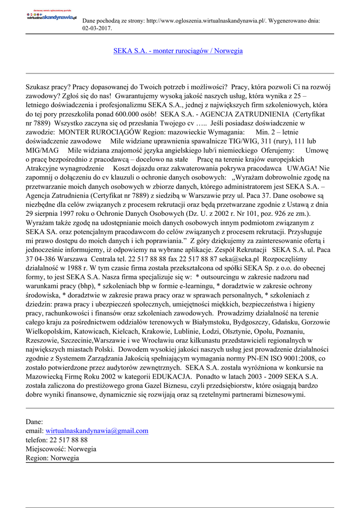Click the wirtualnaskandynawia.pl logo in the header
(x=52, y=16)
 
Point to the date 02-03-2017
(x=96, y=28)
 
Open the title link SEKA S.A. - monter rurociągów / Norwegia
(x=178, y=51)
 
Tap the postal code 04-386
(x=48, y=259)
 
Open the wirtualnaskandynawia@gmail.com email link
(x=97, y=431)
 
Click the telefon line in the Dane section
(x=57, y=440)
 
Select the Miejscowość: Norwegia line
(x=61, y=448)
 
